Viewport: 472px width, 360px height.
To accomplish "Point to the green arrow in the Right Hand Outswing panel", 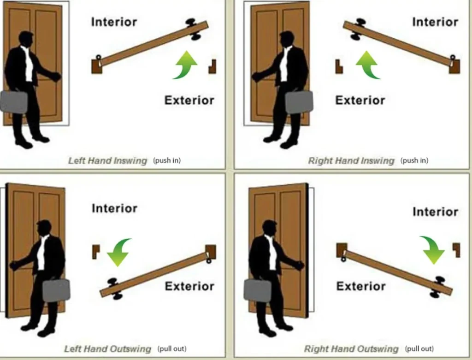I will pyautogui.click(x=432, y=249).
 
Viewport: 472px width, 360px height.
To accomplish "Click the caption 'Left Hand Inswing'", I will pyautogui.click(x=107, y=161).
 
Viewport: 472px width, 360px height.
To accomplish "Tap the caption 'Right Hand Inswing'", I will pyautogui.click(x=351, y=161).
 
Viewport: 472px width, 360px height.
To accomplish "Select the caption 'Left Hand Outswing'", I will pyautogui.click(x=107, y=348).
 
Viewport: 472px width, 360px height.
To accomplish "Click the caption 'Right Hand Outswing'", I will pyautogui.click(x=351, y=349).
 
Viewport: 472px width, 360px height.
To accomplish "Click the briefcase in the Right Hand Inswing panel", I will pyautogui.click(x=299, y=102).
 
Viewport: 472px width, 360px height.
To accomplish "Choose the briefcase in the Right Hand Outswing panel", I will pyautogui.click(x=257, y=290).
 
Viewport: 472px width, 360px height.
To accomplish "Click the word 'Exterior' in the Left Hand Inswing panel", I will pyautogui.click(x=189, y=100).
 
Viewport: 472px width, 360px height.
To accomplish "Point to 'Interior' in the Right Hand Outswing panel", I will pyautogui.click(x=435, y=212).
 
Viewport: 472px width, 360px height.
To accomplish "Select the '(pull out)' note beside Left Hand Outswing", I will pyautogui.click(x=172, y=348).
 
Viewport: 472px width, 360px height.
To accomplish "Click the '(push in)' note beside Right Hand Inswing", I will pyautogui.click(x=414, y=160).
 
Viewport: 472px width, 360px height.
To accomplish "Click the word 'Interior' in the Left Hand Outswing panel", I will pyautogui.click(x=114, y=208).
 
